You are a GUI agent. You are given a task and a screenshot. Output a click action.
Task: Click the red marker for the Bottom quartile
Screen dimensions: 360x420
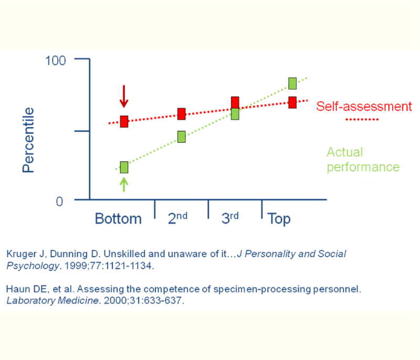pyautogui.click(x=124, y=122)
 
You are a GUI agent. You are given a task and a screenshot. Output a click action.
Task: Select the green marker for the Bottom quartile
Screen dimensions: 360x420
pyautogui.click(x=124, y=167)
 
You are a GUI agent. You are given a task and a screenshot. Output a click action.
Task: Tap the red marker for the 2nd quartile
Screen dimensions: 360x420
pyautogui.click(x=182, y=114)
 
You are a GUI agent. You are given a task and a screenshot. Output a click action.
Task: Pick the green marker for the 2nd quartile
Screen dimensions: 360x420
pyautogui.click(x=182, y=137)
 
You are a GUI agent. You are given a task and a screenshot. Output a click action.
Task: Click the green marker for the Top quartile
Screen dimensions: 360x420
pyautogui.click(x=292, y=83)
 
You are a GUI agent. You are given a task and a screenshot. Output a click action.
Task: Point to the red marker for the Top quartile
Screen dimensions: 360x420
pyautogui.click(x=292, y=102)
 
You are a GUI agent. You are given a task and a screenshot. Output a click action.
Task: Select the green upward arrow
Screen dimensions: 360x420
pyautogui.click(x=124, y=184)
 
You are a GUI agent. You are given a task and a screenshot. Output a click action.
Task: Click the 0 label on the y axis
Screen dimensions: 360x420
pyautogui.click(x=59, y=202)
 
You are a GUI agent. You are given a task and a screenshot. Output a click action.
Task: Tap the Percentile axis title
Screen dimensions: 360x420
pyautogui.click(x=28, y=140)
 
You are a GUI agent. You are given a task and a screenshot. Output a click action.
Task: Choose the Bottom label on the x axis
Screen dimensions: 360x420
pyautogui.click(x=118, y=218)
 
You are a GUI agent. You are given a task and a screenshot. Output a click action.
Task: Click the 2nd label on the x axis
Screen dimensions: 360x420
pyautogui.click(x=177, y=218)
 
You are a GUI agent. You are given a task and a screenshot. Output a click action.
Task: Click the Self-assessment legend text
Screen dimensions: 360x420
pyautogui.click(x=364, y=107)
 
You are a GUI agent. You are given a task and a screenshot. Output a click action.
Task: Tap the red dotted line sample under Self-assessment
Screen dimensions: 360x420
pyautogui.click(x=362, y=120)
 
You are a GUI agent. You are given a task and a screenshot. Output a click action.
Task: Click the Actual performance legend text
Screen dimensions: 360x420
pyautogui.click(x=363, y=160)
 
